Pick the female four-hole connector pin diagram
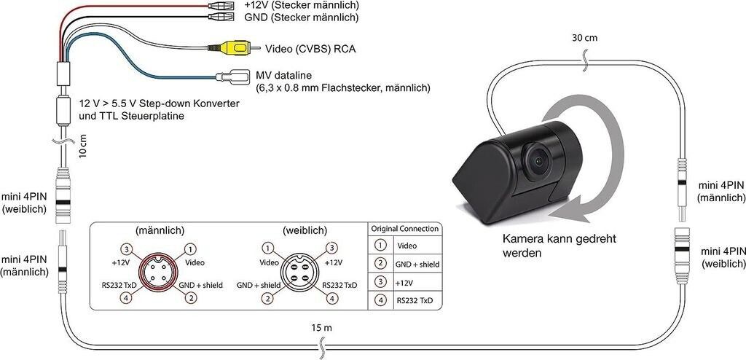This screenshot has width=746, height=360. [300, 272]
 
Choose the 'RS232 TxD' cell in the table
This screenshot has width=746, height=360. [415, 300]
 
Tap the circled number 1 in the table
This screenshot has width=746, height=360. [380, 246]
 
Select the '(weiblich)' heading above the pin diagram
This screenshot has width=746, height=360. [300, 230]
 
